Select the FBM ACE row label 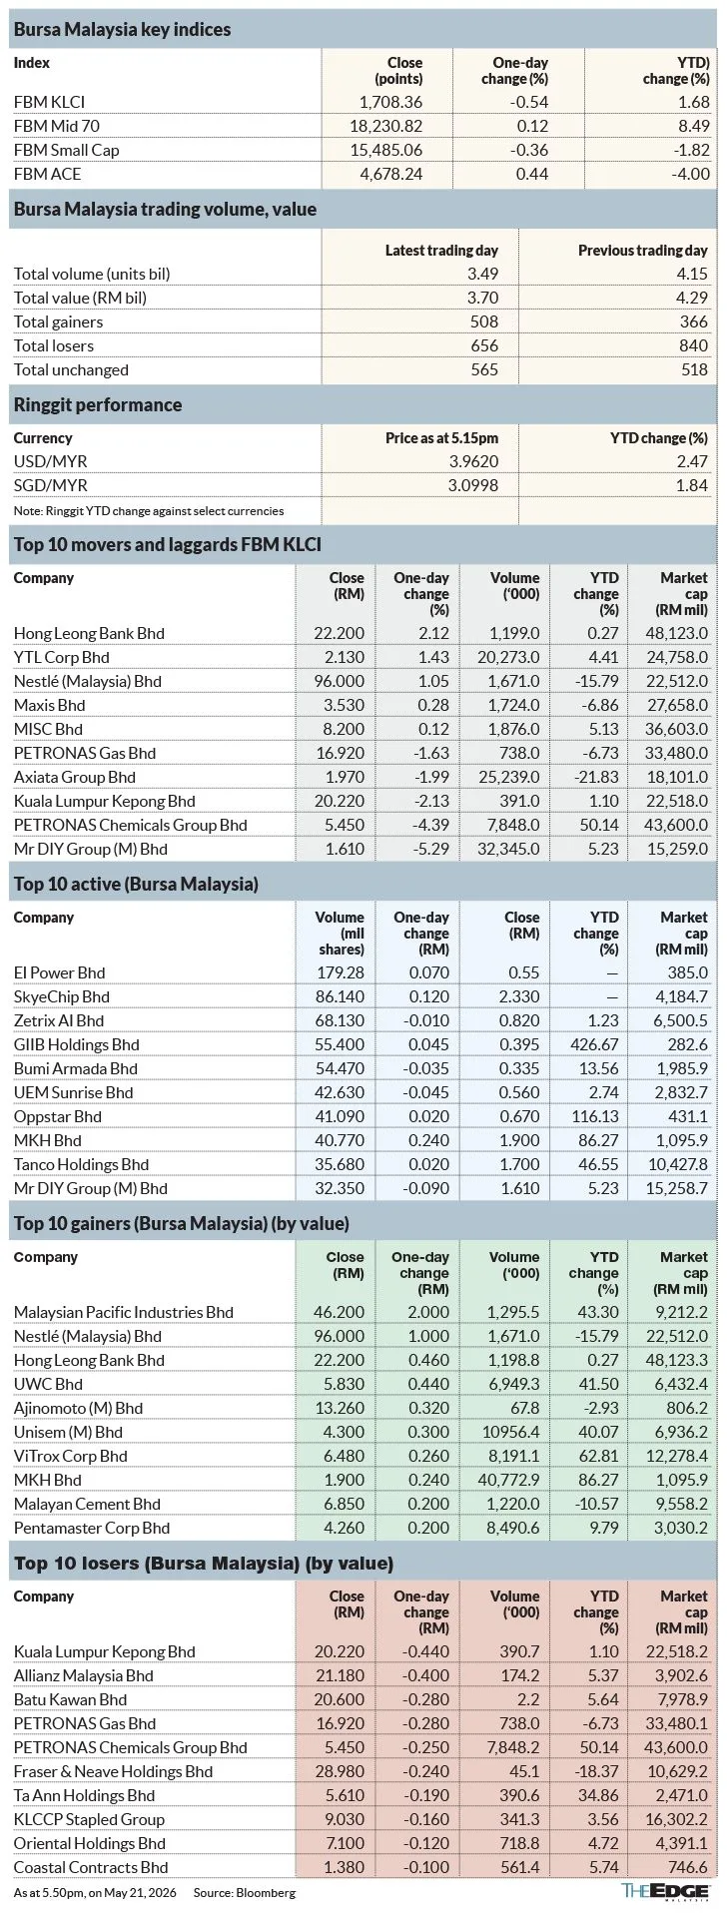(48, 174)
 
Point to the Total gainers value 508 (484, 321)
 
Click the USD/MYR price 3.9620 (473, 461)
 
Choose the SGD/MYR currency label (51, 485)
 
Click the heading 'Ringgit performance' (98, 404)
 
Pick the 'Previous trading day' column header (643, 251)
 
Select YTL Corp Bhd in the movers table (62, 657)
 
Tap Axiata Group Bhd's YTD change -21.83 (596, 777)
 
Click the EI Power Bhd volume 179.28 (341, 972)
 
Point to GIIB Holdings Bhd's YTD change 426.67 (596, 1044)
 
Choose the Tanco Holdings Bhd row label (82, 1164)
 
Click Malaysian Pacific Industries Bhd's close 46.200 (341, 1312)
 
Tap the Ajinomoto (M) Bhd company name (79, 1408)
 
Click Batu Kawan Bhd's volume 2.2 (528, 1699)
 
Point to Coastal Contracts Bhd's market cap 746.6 (689, 1867)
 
